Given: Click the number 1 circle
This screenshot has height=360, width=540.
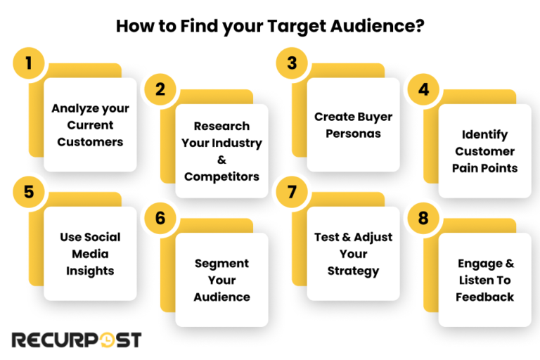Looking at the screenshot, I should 29,63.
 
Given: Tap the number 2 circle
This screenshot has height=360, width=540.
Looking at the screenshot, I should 160,89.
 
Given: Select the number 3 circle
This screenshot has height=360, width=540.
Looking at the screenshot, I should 292,63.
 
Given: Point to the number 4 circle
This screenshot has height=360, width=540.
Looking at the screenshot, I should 423,89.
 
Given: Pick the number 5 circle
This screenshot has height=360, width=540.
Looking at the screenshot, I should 29,192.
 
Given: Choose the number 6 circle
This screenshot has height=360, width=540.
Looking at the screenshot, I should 160,218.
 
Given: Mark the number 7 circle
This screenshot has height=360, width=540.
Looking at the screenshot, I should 292,192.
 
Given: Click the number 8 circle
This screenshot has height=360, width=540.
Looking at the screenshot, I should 423,218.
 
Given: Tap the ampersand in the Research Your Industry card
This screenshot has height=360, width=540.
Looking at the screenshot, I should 221,160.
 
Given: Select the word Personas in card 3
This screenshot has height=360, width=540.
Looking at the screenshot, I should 353,134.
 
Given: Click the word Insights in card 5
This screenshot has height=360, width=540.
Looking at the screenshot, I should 90,271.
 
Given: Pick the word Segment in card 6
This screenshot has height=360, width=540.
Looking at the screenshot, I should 221,263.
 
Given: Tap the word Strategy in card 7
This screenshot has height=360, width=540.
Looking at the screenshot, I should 353,271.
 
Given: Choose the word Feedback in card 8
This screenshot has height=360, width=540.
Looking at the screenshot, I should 484,297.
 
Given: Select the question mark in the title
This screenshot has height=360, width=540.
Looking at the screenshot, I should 419,27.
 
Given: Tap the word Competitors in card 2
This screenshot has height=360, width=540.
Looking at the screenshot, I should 221,176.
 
